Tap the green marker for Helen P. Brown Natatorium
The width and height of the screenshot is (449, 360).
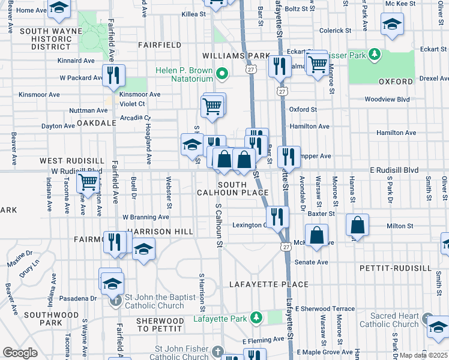click(x=222, y=74)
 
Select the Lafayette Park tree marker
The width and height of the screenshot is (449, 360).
click(x=256, y=316)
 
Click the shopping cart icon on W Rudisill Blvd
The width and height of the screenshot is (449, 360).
click(x=89, y=181)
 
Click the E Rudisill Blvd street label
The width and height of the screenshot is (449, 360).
click(x=394, y=170)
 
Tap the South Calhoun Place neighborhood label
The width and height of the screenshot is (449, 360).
click(x=232, y=188)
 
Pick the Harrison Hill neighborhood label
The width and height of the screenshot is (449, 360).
click(x=160, y=232)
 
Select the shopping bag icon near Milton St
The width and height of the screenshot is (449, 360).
click(x=358, y=226)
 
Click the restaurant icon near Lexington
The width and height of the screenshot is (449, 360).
click(x=276, y=217)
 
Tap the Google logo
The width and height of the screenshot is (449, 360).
click(x=20, y=353)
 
